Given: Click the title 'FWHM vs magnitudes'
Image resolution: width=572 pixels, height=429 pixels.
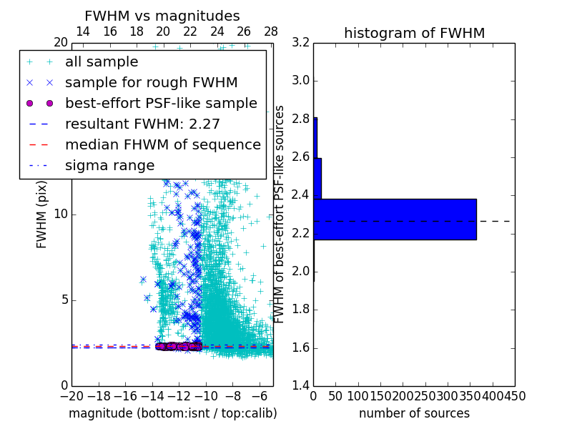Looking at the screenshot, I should (162, 16).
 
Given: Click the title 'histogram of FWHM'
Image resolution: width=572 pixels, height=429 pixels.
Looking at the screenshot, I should (414, 33).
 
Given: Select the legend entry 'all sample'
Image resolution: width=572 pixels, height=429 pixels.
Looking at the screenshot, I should (102, 62).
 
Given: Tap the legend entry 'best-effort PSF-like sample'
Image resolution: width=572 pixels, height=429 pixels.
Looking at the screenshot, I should (161, 104).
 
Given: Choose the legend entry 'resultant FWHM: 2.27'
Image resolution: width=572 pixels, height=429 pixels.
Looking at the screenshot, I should (142, 124).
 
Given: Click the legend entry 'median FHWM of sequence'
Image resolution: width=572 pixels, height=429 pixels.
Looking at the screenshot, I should (162, 145).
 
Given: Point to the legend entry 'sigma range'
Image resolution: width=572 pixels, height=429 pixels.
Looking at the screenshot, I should (109, 166).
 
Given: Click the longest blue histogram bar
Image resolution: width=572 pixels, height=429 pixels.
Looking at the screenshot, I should (395, 220).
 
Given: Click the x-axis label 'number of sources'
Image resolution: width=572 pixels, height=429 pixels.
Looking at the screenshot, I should (414, 413).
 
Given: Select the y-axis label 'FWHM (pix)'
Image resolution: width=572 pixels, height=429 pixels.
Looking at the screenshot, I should (42, 214).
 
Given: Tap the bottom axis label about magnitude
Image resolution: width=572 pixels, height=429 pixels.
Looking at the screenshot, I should (172, 413).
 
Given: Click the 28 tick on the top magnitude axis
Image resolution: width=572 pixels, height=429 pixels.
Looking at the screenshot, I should (271, 31).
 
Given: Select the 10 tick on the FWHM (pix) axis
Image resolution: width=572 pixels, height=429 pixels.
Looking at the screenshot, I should (61, 214).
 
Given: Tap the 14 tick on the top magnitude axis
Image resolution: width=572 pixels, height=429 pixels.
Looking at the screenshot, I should (83, 31).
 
